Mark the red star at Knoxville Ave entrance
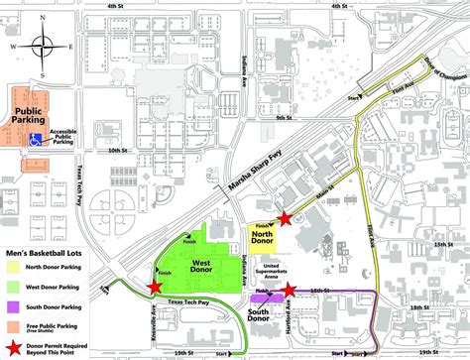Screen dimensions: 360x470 (154, 288)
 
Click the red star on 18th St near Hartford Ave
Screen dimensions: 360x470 (289, 291)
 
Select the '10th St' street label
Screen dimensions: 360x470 (120, 152)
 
